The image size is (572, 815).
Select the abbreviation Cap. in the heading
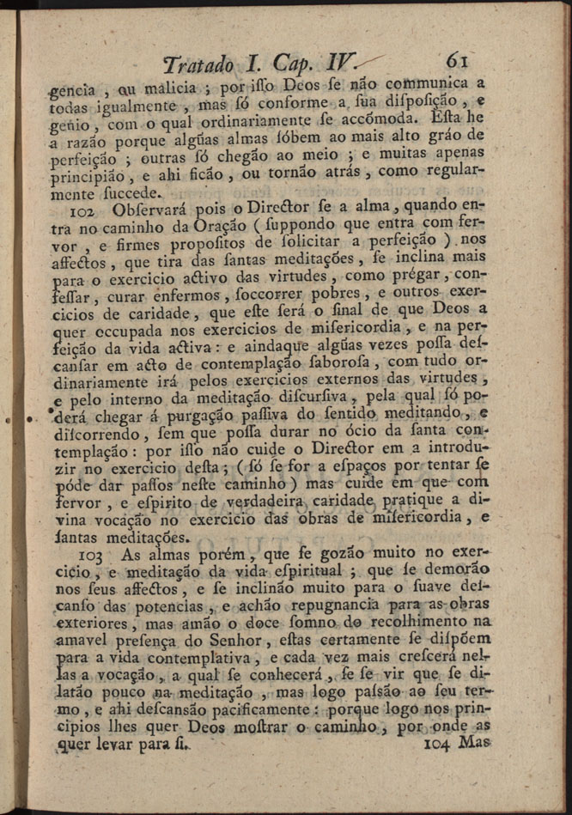click(x=295, y=64)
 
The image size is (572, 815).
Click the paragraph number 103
click(x=88, y=557)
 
